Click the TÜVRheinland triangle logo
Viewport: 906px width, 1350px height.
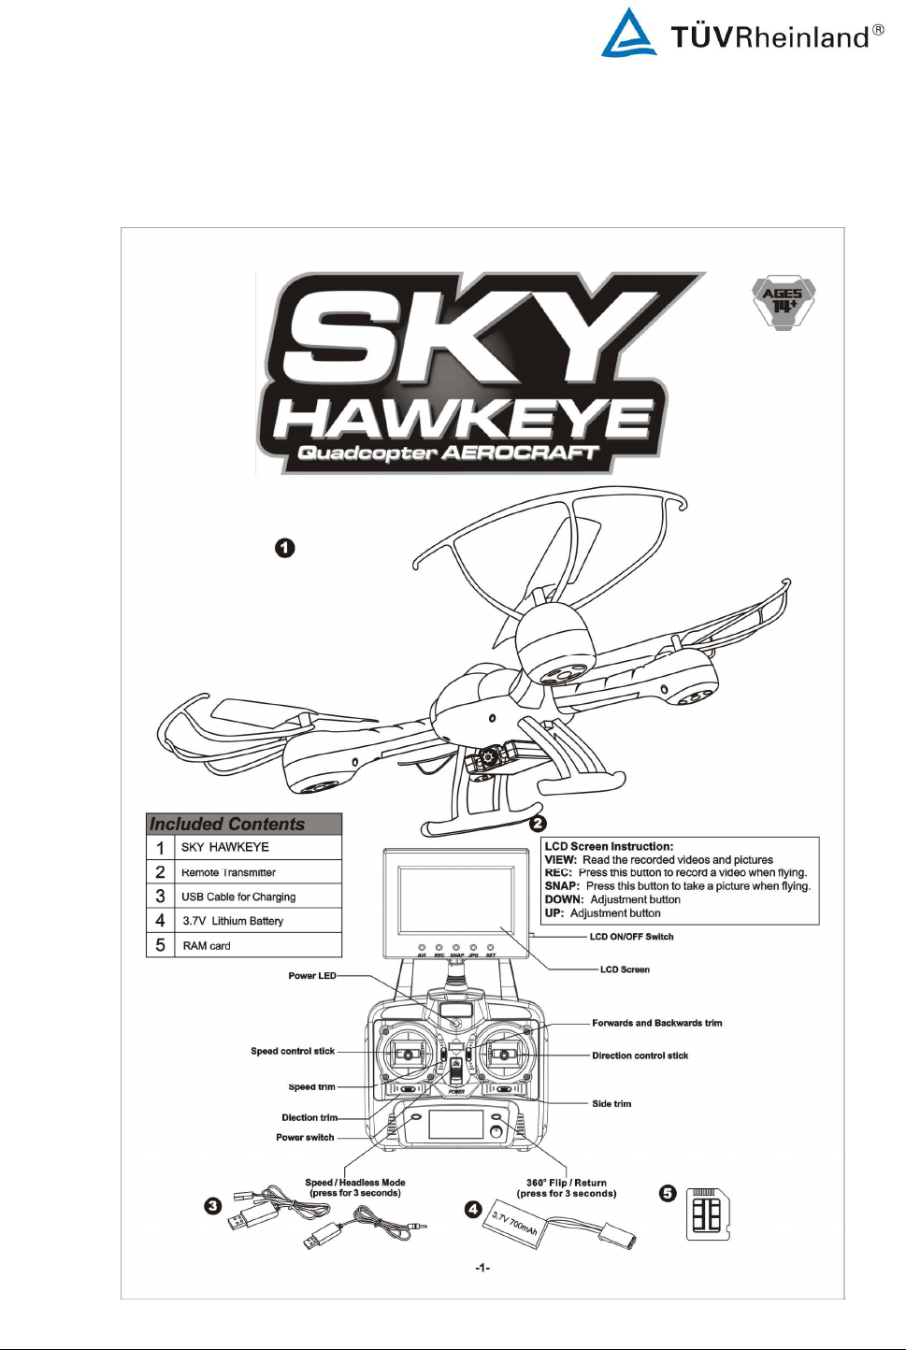click(x=628, y=35)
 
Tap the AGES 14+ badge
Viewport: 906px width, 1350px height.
click(x=784, y=301)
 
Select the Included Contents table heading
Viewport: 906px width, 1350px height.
click(x=227, y=824)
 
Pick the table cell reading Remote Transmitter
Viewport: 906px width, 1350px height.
click(x=228, y=872)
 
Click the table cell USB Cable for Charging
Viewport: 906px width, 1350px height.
click(x=238, y=897)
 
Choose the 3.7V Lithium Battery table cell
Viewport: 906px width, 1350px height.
click(x=233, y=921)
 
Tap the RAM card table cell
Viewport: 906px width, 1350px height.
click(x=207, y=946)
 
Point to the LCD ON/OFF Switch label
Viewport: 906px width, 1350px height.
click(x=631, y=937)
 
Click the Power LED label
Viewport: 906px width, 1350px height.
click(x=312, y=976)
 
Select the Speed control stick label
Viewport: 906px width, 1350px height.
click(x=293, y=1052)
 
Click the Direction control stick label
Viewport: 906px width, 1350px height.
click(x=640, y=1056)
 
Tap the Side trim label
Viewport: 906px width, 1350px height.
click(x=611, y=1104)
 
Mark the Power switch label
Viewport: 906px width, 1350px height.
click(x=305, y=1138)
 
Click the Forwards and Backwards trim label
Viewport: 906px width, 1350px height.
click(x=656, y=1024)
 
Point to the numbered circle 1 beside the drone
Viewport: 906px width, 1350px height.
click(x=285, y=548)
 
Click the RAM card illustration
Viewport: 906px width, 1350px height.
click(x=708, y=1214)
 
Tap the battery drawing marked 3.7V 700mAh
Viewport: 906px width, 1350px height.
click(x=517, y=1225)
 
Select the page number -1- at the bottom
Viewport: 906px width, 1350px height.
click(x=482, y=1268)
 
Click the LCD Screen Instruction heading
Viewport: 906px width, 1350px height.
click(x=609, y=847)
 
